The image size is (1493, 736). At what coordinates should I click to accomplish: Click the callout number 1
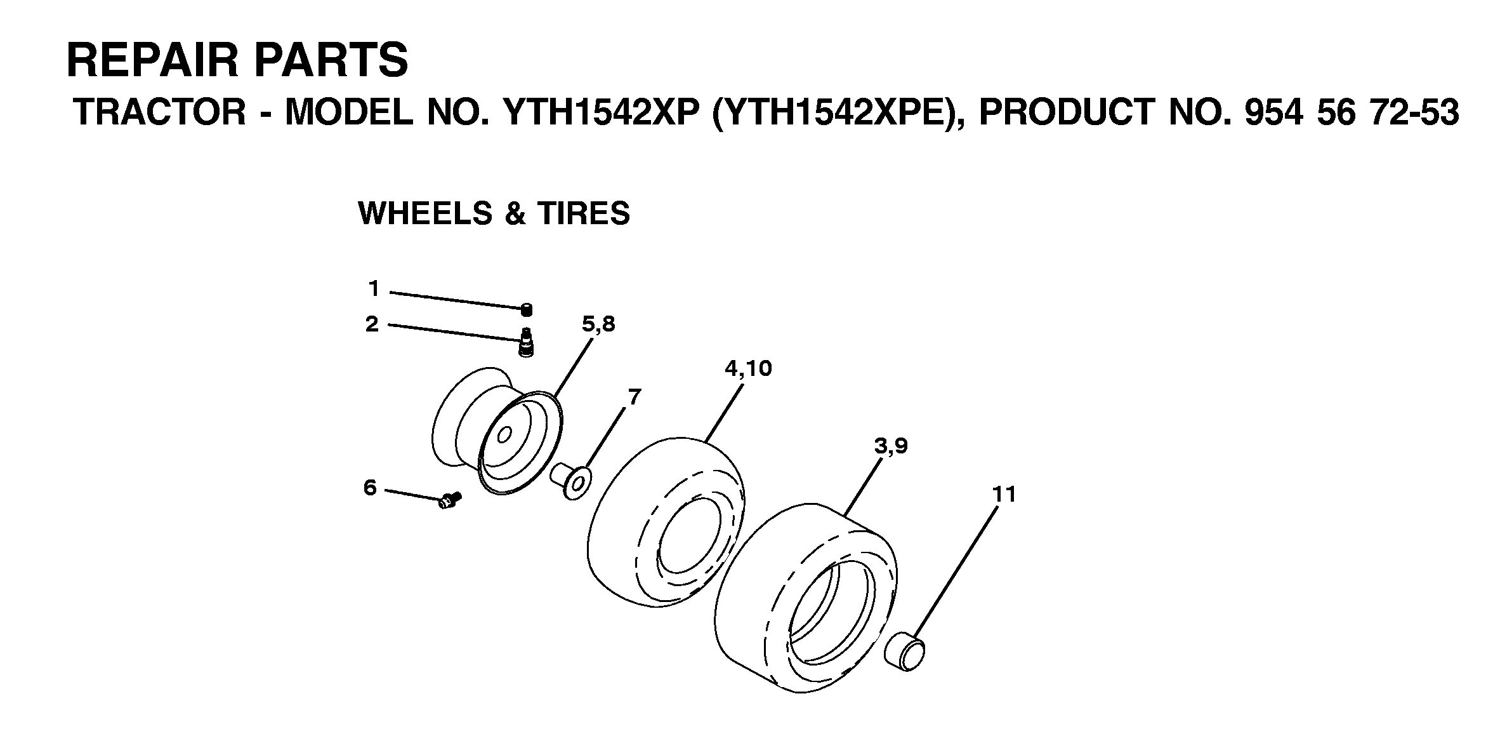tap(374, 290)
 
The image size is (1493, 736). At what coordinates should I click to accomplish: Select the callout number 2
tap(372, 325)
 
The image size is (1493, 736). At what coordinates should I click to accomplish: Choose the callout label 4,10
tap(748, 369)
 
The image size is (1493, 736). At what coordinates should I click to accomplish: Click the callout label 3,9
tap(891, 447)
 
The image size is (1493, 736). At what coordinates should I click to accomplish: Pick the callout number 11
tap(1004, 494)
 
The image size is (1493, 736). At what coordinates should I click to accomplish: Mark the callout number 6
tap(370, 488)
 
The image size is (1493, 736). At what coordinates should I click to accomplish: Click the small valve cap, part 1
tap(526, 310)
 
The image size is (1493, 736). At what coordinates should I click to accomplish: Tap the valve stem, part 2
tap(526, 343)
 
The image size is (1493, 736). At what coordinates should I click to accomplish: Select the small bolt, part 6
tap(450, 500)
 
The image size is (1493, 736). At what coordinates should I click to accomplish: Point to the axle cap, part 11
tap(905, 652)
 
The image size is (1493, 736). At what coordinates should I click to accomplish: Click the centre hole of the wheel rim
tap(505, 436)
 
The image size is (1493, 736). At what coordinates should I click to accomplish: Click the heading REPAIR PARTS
tap(237, 60)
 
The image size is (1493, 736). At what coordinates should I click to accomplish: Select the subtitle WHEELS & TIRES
tap(494, 213)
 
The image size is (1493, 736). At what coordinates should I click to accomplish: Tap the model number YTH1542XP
tap(596, 112)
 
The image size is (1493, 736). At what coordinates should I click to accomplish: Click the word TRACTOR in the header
tap(160, 112)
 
